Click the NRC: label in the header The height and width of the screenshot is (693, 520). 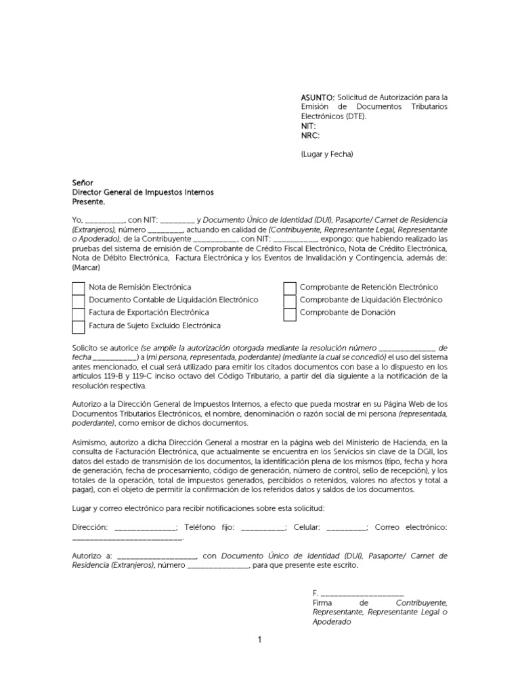pyautogui.click(x=311, y=135)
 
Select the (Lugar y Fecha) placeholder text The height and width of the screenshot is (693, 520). pyautogui.click(x=327, y=154)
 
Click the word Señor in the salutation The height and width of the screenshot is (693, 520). pyautogui.click(x=83, y=183)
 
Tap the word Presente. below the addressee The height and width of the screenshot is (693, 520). pyautogui.click(x=89, y=202)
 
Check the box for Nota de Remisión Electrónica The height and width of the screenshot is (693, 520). pyautogui.click(x=79, y=288)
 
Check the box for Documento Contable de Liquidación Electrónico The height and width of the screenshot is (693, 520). pyautogui.click(x=79, y=300)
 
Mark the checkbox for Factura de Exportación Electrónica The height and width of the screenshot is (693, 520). pyautogui.click(x=79, y=313)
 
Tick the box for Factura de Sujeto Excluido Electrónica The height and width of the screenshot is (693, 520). pyautogui.click(x=79, y=326)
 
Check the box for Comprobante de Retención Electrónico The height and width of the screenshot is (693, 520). pyautogui.click(x=290, y=288)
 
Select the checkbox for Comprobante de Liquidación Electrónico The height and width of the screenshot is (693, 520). pyautogui.click(x=290, y=300)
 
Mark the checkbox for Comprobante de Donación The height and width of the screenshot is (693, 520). pyautogui.click(x=290, y=313)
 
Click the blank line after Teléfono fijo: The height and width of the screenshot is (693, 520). pyautogui.click(x=263, y=527)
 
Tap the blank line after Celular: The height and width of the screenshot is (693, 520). pyautogui.click(x=347, y=527)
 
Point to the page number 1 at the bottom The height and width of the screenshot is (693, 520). pyautogui.click(x=259, y=640)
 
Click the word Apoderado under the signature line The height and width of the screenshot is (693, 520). pyautogui.click(x=332, y=621)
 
